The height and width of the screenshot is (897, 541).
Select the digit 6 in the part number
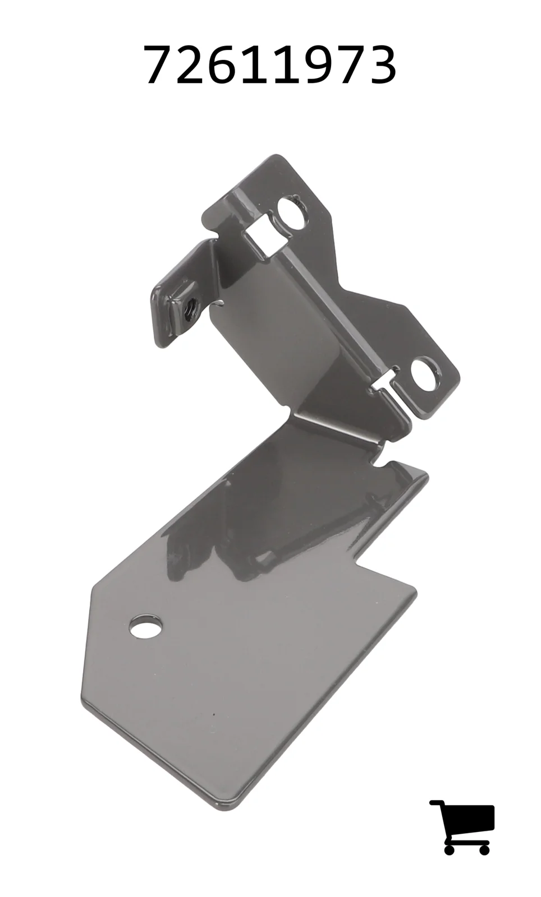pyautogui.click(x=226, y=65)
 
